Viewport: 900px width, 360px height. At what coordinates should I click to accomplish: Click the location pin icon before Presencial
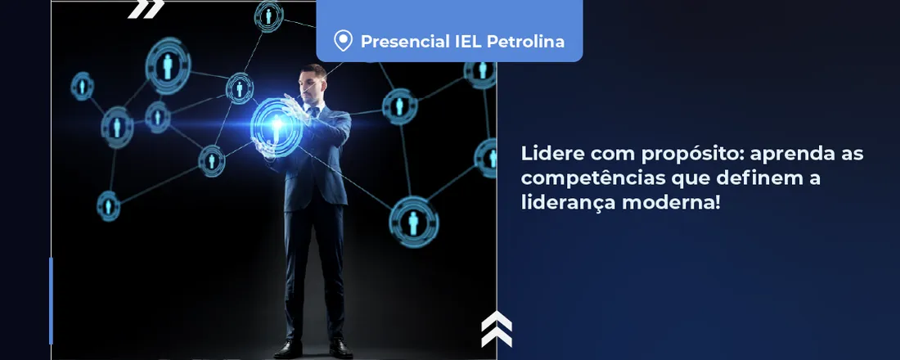(344, 41)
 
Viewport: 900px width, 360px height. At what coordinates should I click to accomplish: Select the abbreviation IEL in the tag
(464, 41)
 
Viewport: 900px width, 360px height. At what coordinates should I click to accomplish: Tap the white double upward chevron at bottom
(496, 329)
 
